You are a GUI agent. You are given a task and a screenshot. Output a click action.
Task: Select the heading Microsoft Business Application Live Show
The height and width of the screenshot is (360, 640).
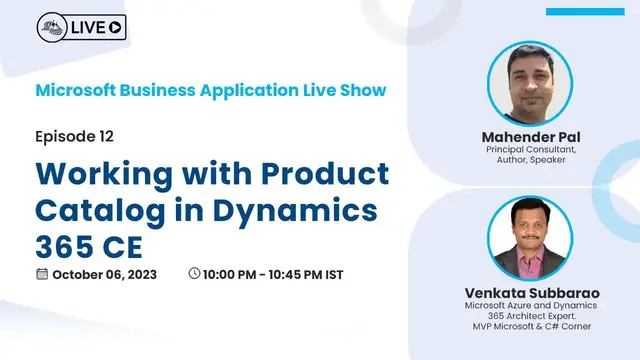click(x=210, y=90)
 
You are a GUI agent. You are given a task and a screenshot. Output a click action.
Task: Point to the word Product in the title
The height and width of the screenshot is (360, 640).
click(x=322, y=173)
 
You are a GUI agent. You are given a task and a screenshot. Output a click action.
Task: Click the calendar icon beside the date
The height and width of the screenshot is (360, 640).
click(x=42, y=274)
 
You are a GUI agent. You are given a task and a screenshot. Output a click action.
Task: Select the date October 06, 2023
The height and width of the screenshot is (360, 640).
click(x=105, y=274)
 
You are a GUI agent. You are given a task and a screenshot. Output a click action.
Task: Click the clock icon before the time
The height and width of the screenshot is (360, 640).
click(x=194, y=274)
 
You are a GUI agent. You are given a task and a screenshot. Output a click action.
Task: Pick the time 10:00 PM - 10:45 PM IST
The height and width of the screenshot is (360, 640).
click(x=280, y=274)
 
